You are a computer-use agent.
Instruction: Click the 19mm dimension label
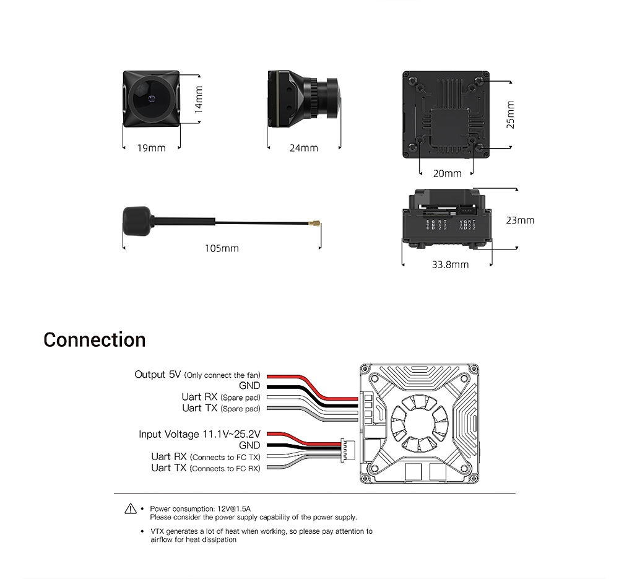(151, 148)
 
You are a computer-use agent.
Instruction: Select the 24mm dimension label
(303, 148)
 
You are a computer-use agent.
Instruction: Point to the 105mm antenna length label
(222, 248)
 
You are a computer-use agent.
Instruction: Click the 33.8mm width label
(450, 264)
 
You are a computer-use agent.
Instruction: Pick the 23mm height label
(520, 220)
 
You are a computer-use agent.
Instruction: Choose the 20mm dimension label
(447, 173)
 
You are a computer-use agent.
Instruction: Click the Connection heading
(95, 340)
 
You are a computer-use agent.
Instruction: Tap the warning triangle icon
(130, 508)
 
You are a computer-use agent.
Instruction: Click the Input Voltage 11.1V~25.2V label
(200, 434)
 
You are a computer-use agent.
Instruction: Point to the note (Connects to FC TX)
(225, 457)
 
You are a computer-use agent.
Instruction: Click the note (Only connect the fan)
(223, 375)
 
